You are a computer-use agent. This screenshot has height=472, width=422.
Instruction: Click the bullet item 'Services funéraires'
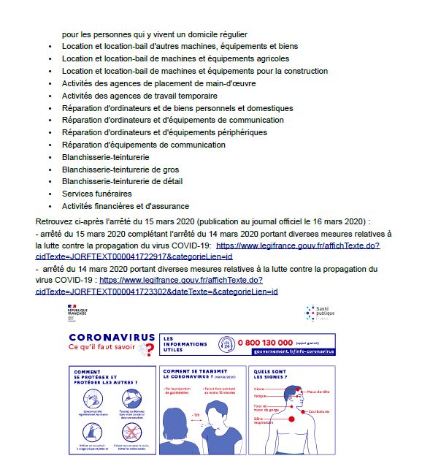(x=97, y=194)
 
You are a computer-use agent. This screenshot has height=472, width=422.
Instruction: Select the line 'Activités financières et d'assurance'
(x=126, y=206)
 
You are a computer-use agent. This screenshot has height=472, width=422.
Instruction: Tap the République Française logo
(x=76, y=312)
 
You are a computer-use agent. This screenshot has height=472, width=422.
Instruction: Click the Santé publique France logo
(x=319, y=313)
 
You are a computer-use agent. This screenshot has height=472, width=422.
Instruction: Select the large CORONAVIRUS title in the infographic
(x=111, y=338)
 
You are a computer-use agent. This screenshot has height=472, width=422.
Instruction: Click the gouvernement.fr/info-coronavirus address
(x=293, y=351)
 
